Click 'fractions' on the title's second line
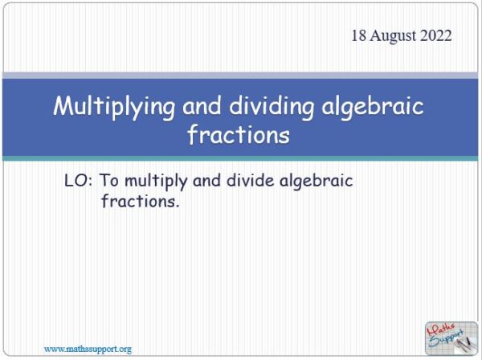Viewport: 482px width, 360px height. point(238,135)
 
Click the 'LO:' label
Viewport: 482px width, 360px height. point(80,182)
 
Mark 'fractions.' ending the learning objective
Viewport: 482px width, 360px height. point(139,202)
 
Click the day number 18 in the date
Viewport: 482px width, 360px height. point(359,36)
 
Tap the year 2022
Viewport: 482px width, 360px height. point(436,36)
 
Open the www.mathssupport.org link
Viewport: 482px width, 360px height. point(88,349)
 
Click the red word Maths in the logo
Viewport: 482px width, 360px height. point(444,327)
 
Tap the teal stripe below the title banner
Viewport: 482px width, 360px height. point(241,159)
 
